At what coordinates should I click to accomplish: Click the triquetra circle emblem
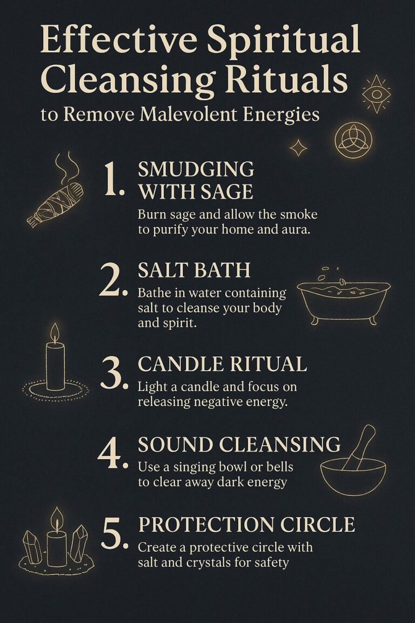click(353, 140)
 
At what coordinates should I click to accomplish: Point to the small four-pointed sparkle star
click(298, 147)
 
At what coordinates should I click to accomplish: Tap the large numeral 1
click(115, 181)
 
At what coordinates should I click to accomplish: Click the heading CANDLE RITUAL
click(222, 364)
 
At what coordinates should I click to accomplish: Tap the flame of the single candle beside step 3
click(55, 333)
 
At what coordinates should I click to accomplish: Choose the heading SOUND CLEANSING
click(239, 445)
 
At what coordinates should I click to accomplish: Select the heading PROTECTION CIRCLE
click(246, 525)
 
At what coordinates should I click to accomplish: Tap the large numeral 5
click(113, 533)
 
